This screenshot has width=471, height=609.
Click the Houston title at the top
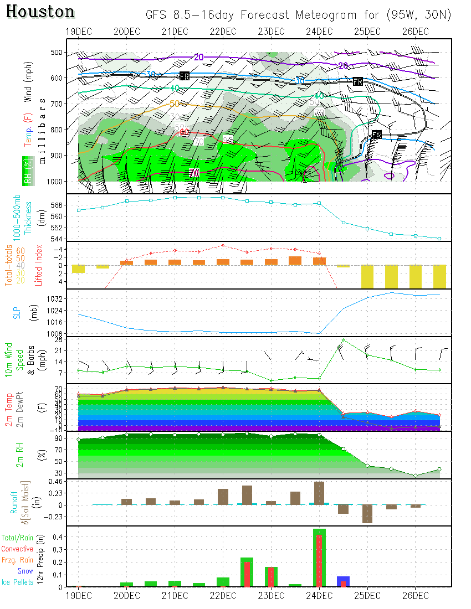(40, 12)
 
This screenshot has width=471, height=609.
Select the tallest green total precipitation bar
(319, 558)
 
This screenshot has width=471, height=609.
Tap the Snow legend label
(25, 571)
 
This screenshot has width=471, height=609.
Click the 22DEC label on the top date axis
(223, 31)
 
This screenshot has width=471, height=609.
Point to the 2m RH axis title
(20, 455)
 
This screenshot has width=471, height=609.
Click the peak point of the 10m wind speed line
(344, 340)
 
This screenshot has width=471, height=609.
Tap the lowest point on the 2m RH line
(416, 476)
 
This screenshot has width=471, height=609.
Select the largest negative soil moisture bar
(367, 514)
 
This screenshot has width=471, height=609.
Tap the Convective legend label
(17, 549)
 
